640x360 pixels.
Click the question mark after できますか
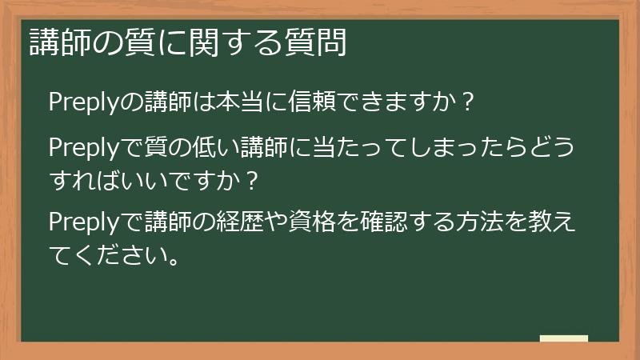coord(470,102)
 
